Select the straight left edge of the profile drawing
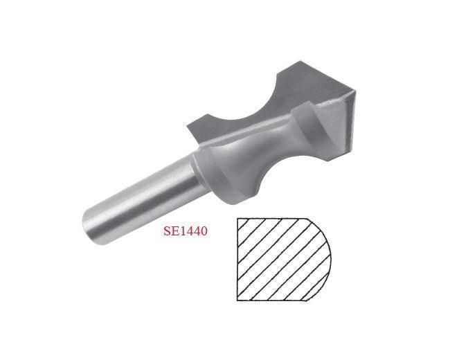pyautogui.click(x=237, y=260)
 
